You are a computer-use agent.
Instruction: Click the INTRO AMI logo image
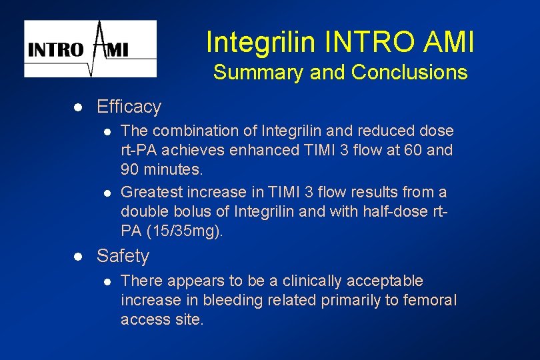(91, 49)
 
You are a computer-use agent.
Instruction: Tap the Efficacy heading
(129, 107)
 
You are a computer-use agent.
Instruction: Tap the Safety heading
(123, 256)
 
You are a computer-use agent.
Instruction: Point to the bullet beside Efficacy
(77, 107)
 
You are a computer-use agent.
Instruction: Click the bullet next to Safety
(77, 257)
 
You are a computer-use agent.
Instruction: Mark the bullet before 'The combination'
(106, 131)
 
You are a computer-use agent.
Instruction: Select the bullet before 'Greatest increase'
(106, 193)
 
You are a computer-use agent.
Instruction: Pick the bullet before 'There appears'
(106, 281)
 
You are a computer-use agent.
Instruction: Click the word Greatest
(150, 193)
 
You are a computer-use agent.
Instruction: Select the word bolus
(179, 212)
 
